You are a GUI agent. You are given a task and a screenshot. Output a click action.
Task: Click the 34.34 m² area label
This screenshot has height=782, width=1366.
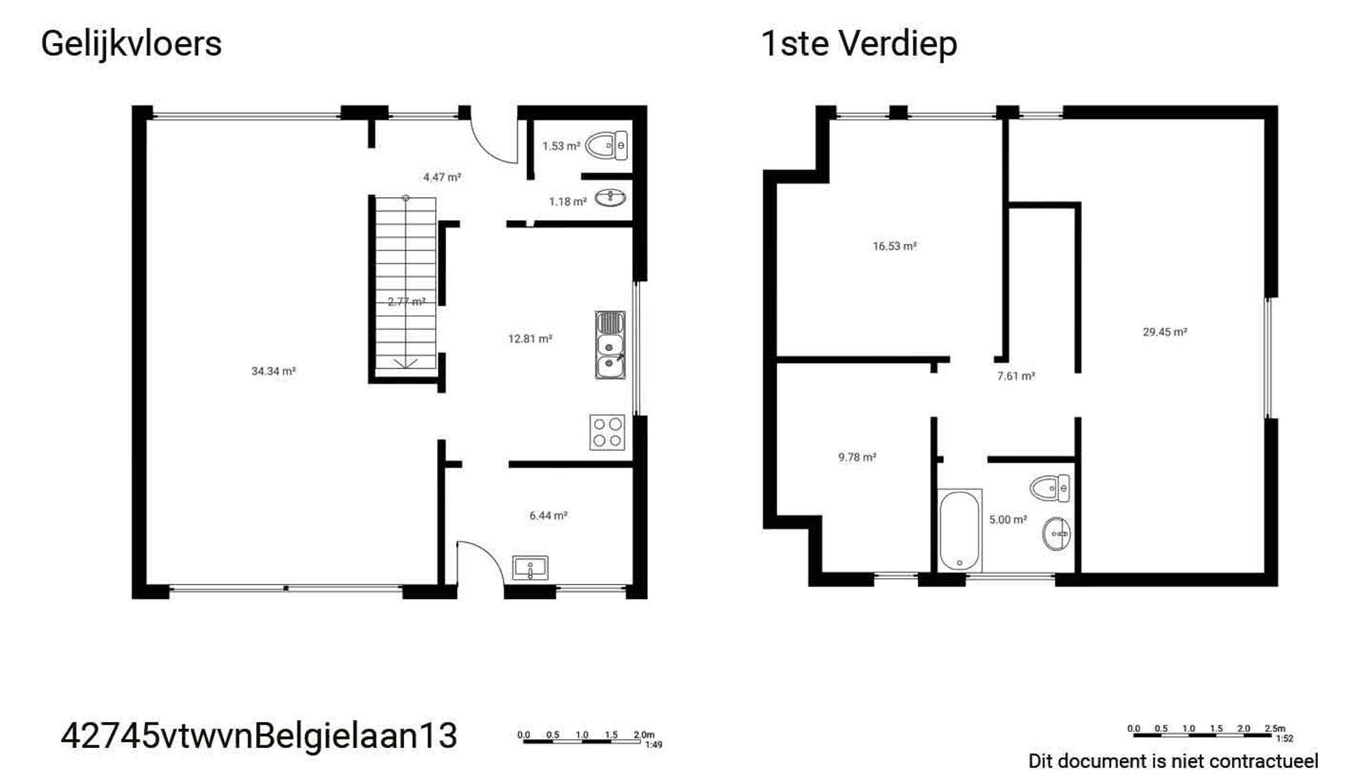pyautogui.click(x=273, y=372)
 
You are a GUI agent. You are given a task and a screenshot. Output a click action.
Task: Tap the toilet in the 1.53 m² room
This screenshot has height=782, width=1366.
pyautogui.click(x=606, y=145)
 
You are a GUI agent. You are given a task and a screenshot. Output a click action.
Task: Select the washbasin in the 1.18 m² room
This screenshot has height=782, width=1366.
pyautogui.click(x=610, y=198)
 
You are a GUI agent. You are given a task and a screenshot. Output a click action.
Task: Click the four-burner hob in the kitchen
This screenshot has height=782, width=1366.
pyautogui.click(x=607, y=432)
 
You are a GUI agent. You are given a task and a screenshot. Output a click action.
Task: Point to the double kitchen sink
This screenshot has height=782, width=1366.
pyautogui.click(x=610, y=345)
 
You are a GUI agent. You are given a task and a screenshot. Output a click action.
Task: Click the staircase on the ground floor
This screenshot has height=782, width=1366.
pyautogui.click(x=405, y=284)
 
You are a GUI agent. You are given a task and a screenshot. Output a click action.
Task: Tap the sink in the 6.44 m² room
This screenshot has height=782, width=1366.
pyautogui.click(x=530, y=568)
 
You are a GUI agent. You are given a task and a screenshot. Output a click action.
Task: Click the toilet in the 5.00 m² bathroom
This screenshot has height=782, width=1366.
pyautogui.click(x=1050, y=488)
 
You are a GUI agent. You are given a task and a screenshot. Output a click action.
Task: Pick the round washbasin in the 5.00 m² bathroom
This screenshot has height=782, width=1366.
pyautogui.click(x=1057, y=533)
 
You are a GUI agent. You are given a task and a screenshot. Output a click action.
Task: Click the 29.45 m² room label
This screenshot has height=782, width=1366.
pyautogui.click(x=1165, y=332)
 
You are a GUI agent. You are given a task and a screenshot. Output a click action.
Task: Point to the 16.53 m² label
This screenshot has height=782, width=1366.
pyautogui.click(x=894, y=246)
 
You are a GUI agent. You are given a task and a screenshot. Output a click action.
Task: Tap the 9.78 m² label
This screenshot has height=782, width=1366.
pyautogui.click(x=857, y=458)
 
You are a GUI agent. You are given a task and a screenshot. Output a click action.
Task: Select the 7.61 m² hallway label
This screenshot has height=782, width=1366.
pyautogui.click(x=1016, y=376)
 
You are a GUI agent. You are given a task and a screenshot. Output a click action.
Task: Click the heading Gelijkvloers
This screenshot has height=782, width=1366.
pyautogui.click(x=131, y=45)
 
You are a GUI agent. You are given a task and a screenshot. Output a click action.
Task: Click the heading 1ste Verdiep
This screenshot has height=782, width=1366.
pyautogui.click(x=859, y=45)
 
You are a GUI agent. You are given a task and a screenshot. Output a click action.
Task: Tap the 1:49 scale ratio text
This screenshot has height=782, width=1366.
pyautogui.click(x=654, y=745)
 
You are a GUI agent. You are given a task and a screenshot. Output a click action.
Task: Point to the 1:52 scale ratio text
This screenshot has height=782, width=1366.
pyautogui.click(x=1284, y=739)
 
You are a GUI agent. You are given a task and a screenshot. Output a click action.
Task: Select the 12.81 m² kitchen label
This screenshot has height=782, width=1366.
pyautogui.click(x=530, y=339)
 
